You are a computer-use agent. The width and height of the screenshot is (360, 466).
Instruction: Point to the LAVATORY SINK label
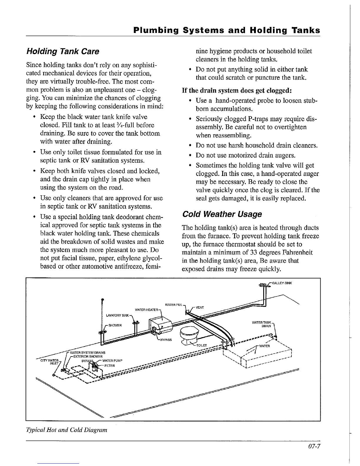tap(118, 316)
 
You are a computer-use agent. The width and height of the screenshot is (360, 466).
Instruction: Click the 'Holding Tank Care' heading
tap(63, 51)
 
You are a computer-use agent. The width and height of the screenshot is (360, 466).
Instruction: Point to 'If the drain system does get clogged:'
tap(237, 90)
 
